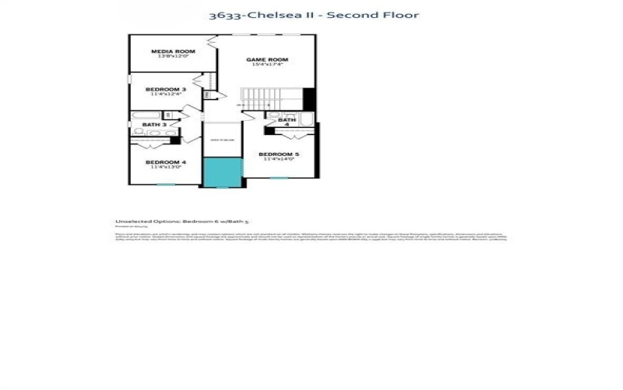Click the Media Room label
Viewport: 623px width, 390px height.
[173, 51]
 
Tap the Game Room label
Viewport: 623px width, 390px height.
[267, 59]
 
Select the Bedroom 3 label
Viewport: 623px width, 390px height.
[166, 90]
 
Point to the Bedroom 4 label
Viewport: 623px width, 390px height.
[166, 162]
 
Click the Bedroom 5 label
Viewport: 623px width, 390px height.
[279, 154]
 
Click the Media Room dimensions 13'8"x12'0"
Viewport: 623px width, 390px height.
[173, 57]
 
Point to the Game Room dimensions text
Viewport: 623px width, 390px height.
[267, 65]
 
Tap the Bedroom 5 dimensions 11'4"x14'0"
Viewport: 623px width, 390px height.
[279, 160]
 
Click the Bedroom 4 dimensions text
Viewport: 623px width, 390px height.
[166, 167]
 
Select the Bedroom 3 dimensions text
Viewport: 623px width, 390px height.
[166, 95]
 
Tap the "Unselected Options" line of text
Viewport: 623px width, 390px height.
[181, 222]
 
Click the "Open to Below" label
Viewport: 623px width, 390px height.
[222, 140]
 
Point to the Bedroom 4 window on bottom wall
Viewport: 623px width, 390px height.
[166, 185]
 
